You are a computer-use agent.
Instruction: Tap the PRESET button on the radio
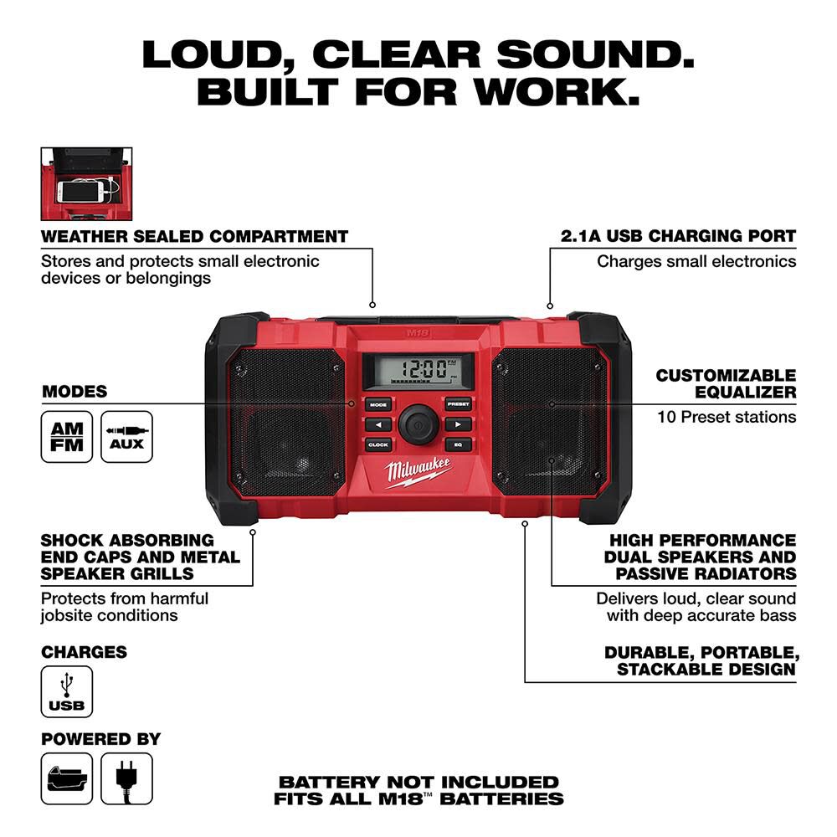(458, 403)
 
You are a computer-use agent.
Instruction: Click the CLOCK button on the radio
(377, 444)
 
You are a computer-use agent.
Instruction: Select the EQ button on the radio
(458, 444)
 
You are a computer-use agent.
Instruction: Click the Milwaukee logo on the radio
(418, 474)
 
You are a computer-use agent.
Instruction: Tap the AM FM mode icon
(67, 437)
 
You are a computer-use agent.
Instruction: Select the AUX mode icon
(126, 437)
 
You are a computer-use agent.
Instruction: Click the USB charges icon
(67, 691)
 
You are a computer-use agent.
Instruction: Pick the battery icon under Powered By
(67, 778)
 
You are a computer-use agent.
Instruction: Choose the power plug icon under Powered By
(126, 778)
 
